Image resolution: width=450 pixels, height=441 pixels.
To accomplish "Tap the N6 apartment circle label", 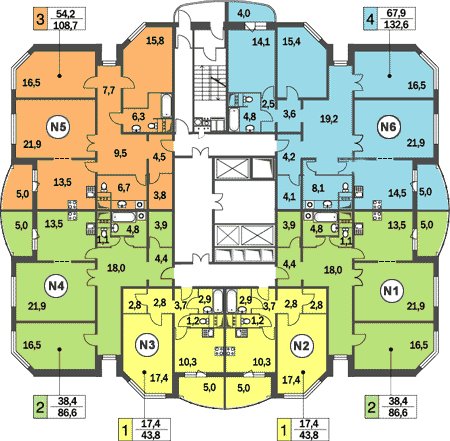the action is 388,127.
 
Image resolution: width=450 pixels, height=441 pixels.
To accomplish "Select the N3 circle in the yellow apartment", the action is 147,345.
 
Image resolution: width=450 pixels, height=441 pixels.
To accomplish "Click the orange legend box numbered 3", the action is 40,19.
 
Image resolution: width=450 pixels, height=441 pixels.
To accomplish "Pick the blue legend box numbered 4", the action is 370,19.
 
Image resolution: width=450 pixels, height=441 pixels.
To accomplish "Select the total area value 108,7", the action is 65,25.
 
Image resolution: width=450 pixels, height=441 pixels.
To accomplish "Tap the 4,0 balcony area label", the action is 244,14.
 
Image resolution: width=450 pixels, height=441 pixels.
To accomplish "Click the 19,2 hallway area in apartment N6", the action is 329,119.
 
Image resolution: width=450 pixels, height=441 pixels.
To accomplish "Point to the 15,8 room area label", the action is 155,41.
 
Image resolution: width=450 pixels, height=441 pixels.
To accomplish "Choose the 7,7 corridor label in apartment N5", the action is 108,90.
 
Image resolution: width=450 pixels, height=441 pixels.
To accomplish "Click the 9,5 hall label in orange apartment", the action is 120,153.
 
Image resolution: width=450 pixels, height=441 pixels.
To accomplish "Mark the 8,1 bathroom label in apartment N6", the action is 318,189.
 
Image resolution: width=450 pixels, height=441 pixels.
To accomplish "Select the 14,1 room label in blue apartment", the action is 261,42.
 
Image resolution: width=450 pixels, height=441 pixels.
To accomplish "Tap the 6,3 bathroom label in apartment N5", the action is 139,116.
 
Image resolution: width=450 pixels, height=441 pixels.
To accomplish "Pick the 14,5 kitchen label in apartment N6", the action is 397,193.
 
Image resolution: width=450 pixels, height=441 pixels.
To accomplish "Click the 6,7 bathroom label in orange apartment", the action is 123,188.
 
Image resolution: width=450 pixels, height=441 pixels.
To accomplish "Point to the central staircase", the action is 211,83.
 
